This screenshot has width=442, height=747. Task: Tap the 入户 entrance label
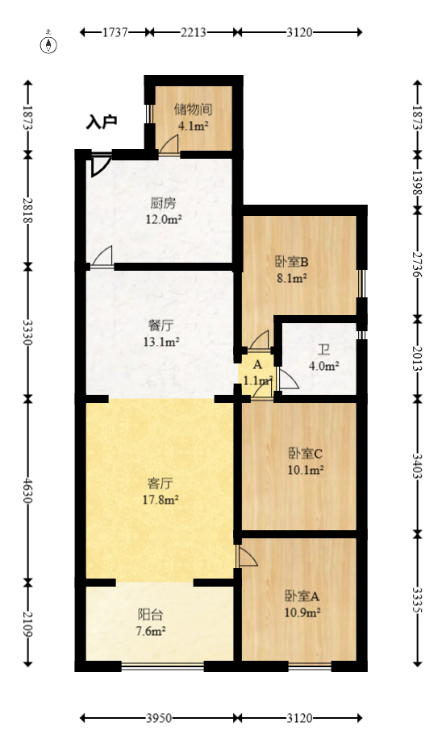[102, 122]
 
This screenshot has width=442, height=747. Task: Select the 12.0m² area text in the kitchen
[163, 218]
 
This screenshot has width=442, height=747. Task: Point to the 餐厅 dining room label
[161, 326]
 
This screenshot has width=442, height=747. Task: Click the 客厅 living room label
[161, 483]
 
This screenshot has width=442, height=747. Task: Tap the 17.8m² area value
[161, 500]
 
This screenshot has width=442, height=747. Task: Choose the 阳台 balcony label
[150, 615]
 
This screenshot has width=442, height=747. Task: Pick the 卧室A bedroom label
[302, 596]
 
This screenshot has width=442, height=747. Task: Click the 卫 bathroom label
[323, 350]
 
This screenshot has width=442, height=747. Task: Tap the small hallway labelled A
[257, 365]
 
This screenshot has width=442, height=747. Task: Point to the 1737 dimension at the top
[116, 32]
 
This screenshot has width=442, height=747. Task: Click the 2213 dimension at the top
[194, 32]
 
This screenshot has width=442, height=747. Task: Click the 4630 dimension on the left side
[27, 488]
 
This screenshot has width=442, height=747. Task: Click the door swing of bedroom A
[247, 556]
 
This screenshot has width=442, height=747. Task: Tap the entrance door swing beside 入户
[99, 164]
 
